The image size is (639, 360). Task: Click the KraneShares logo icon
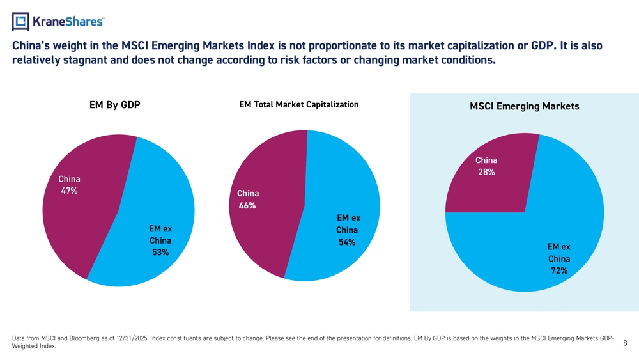point(21,22)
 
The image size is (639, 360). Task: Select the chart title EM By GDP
point(115,106)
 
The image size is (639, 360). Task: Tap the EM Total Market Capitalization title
point(298,104)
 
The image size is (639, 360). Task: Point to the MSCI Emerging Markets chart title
point(524,107)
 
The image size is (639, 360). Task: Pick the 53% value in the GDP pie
point(160,253)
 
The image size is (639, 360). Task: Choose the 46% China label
point(247,205)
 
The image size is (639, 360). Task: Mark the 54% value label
point(347,242)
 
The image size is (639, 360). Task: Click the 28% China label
point(486,172)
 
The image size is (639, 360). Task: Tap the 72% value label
point(559,271)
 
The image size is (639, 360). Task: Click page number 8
point(625,343)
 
